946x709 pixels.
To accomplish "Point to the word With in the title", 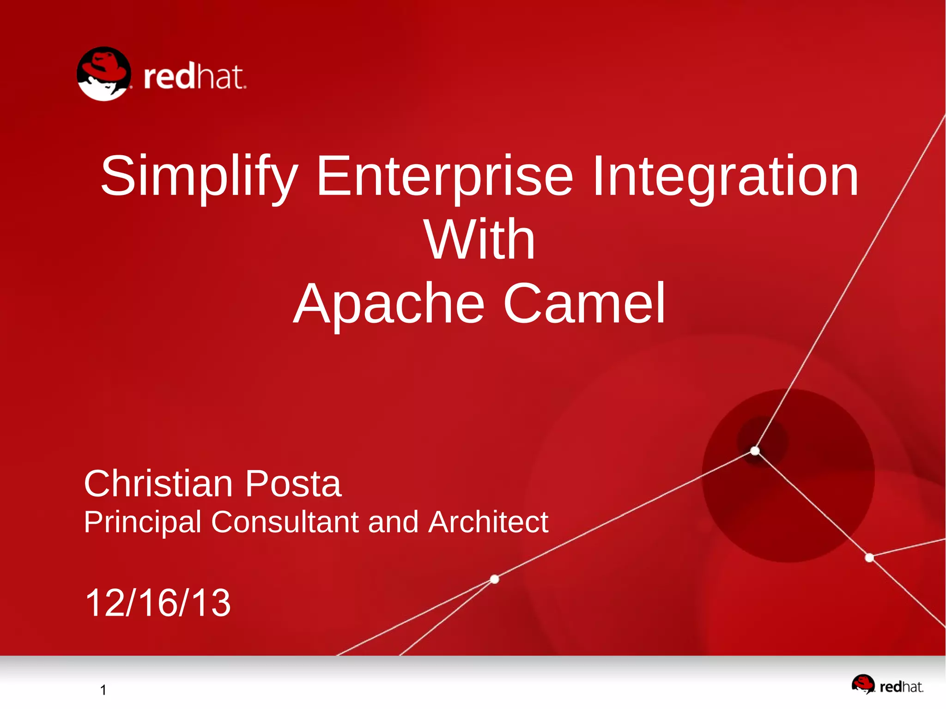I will (479, 240).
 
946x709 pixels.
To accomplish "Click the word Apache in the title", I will (389, 304).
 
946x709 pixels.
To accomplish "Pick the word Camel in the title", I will (584, 304).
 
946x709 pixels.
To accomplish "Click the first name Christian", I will (158, 484).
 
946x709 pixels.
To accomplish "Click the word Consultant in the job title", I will (285, 522).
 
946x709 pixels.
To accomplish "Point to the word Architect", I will (488, 522).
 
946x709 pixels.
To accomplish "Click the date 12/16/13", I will (158, 603).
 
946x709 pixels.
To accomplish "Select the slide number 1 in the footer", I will (103, 690).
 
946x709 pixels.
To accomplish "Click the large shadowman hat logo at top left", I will (104, 74).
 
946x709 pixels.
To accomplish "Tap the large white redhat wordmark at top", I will (195, 77).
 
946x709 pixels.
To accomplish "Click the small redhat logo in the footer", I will (887, 685).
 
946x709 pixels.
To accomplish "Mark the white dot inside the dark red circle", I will (755, 450).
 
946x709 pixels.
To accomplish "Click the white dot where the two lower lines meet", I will (494, 579).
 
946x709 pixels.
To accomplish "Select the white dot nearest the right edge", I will (869, 558).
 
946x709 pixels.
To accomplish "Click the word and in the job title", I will (393, 522).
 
